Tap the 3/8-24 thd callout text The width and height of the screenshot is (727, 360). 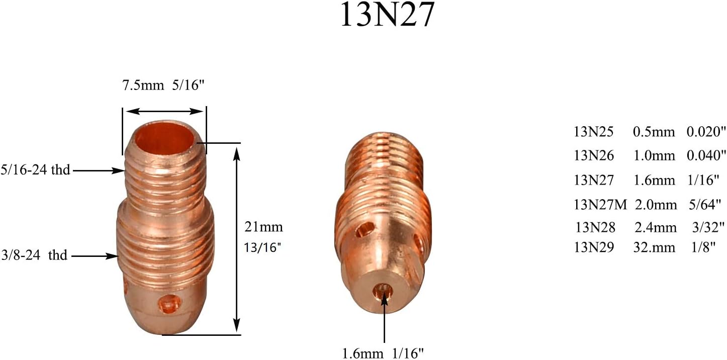click(35, 255)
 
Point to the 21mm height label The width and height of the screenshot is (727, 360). click(263, 227)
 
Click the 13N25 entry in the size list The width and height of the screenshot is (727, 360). click(594, 132)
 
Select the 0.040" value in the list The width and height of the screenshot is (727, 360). click(706, 156)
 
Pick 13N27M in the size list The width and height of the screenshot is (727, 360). click(601, 204)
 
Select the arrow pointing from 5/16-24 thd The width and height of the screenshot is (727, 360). click(101, 171)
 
